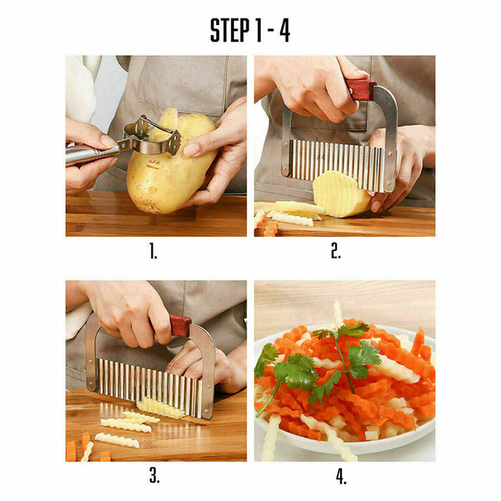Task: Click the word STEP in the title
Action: (x=230, y=30)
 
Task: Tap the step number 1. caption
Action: (x=153, y=251)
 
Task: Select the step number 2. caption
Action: (x=336, y=251)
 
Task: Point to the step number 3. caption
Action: (x=153, y=475)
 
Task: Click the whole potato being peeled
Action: (x=168, y=168)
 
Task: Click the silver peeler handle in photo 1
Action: (x=89, y=152)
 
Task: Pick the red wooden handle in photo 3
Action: (x=180, y=326)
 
